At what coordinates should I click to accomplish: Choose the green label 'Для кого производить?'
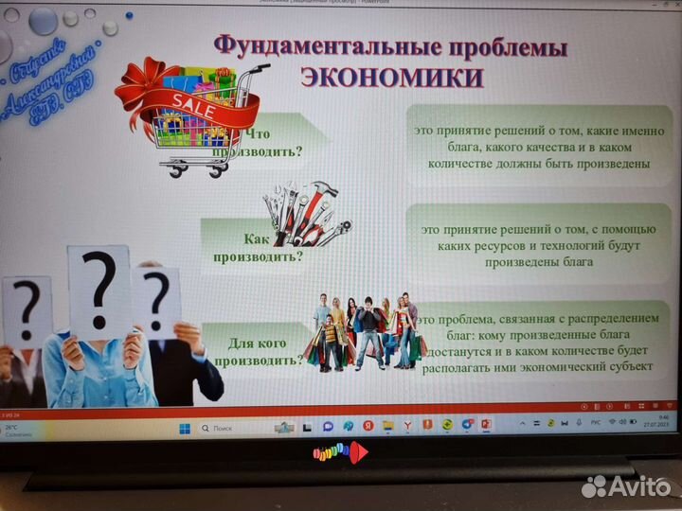258,352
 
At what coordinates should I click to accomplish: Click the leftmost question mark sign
27,312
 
